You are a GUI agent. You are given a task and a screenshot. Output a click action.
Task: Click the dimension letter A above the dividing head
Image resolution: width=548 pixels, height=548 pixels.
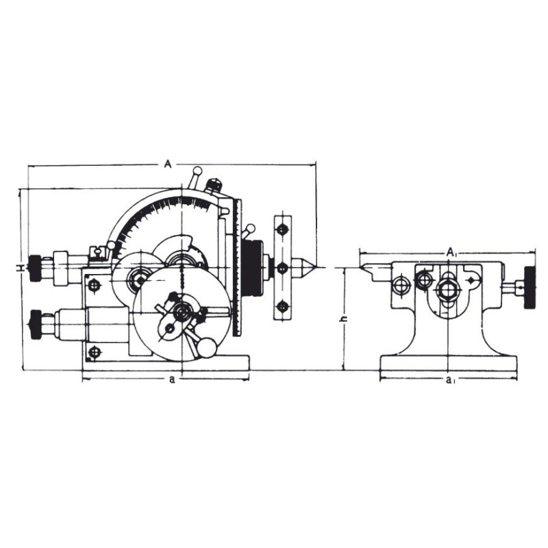(x=168, y=164)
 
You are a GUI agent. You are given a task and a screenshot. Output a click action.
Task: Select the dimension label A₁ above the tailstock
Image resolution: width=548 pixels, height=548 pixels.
(x=451, y=252)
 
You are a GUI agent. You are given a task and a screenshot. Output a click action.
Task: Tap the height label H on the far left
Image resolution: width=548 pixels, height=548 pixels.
(x=21, y=268)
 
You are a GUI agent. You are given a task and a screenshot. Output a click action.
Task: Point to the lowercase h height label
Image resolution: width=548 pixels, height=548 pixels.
(x=344, y=319)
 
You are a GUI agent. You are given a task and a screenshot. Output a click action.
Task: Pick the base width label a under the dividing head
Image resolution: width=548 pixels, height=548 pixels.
(x=172, y=379)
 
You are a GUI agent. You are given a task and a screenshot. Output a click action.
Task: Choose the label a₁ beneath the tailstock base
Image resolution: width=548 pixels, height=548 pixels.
(x=450, y=380)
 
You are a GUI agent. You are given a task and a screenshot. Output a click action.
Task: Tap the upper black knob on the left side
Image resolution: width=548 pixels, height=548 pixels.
(x=35, y=268)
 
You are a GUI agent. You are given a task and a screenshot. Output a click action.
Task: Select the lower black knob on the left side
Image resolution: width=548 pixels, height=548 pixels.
(x=35, y=324)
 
